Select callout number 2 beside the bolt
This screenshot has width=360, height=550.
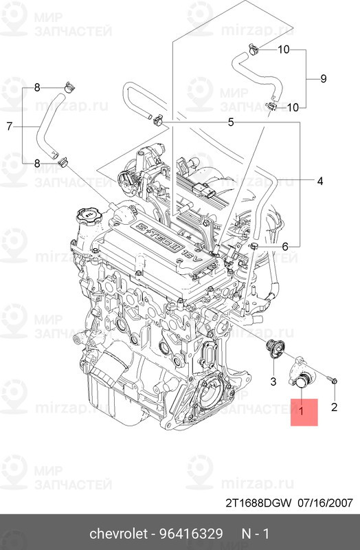click(334, 408)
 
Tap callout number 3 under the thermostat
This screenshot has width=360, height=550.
click(273, 381)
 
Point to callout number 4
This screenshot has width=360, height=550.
click(319, 181)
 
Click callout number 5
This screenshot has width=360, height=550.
click(232, 122)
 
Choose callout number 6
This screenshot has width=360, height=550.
click(286, 245)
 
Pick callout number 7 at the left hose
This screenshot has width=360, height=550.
click(10, 126)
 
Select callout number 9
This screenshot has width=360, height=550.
click(324, 79)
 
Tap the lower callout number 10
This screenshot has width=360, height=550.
click(292, 107)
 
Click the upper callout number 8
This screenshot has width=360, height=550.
click(37, 87)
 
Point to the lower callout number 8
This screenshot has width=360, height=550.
click(37, 163)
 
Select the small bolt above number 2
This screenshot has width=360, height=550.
click(332, 379)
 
